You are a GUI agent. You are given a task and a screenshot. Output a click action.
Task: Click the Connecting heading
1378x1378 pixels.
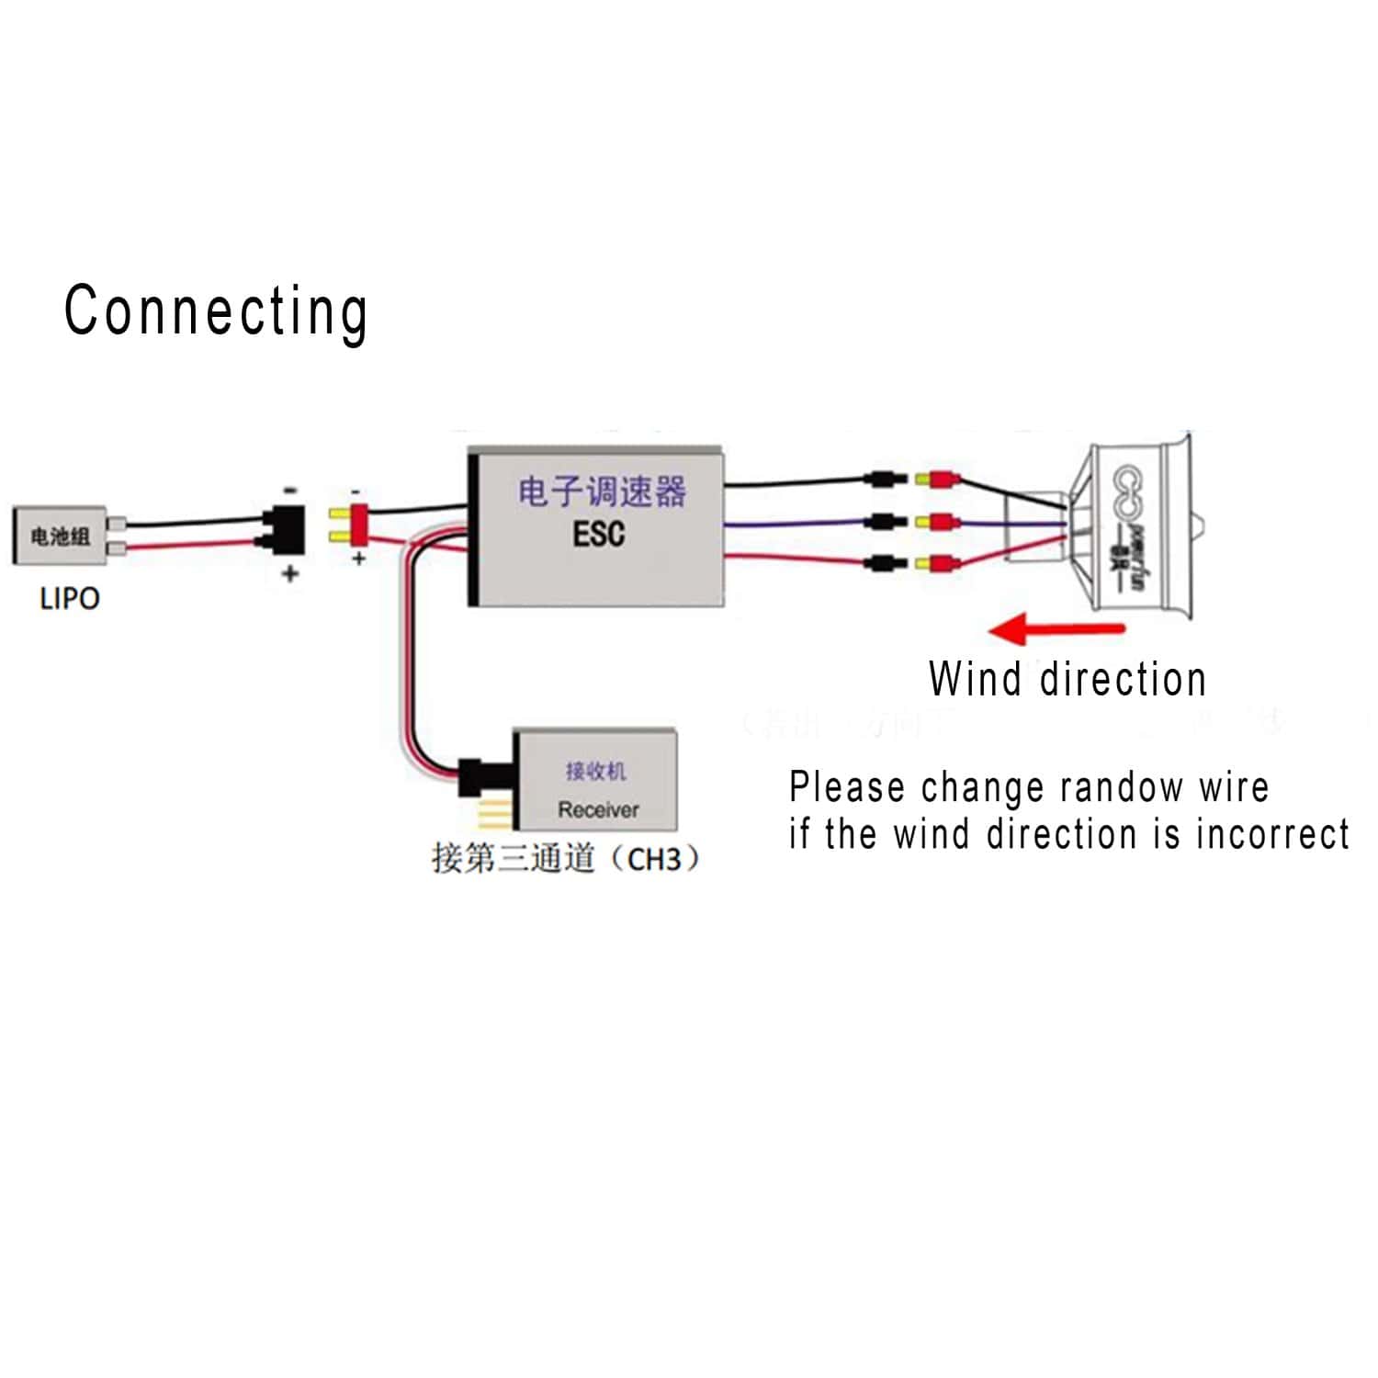point(216,311)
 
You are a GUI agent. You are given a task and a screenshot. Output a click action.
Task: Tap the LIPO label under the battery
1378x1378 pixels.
point(70,599)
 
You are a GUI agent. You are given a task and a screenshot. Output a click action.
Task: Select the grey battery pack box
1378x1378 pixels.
point(60,536)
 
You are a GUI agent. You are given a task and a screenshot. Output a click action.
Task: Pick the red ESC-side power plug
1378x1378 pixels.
point(350,525)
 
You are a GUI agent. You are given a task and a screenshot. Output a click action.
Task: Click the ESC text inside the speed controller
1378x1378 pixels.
point(598,534)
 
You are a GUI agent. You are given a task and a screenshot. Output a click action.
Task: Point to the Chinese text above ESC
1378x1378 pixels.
point(602,491)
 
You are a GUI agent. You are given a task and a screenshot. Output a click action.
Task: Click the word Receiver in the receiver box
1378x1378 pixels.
point(598,809)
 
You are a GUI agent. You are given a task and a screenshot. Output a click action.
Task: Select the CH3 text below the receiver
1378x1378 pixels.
point(654,860)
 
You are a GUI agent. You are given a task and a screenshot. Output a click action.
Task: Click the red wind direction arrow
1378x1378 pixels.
point(1056,630)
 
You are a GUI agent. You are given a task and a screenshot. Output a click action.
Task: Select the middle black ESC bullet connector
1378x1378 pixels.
point(884,522)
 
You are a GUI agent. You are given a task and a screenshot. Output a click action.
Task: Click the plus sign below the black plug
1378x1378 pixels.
point(290,574)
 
